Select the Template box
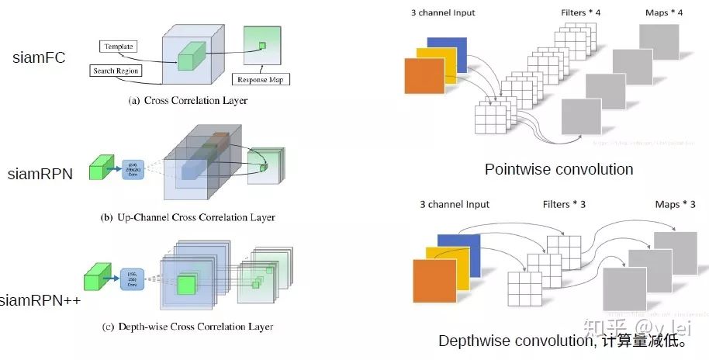click(x=118, y=47)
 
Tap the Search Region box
click(x=116, y=71)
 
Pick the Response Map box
click(x=261, y=79)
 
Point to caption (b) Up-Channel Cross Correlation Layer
click(x=188, y=218)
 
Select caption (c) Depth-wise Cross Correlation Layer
click(x=188, y=327)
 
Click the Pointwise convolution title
click(x=559, y=169)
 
